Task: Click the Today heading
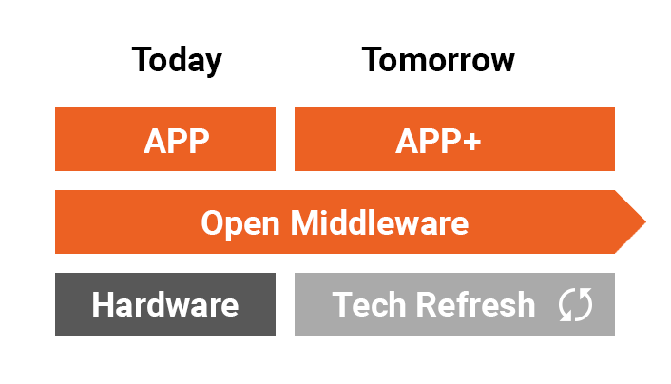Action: click(x=177, y=61)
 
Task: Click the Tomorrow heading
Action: click(x=438, y=60)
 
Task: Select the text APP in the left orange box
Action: click(x=177, y=141)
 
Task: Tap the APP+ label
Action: click(x=438, y=141)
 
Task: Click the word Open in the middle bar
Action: click(x=240, y=223)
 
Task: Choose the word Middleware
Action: click(x=379, y=222)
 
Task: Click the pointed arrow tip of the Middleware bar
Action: click(x=645, y=221)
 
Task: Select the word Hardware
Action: click(x=165, y=304)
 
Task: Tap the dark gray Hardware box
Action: click(x=165, y=304)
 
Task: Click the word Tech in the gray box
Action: click(x=369, y=304)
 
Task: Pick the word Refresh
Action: click(x=475, y=304)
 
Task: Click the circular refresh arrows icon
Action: click(x=576, y=304)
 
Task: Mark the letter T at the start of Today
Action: click(x=142, y=60)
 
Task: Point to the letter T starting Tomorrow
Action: click(x=373, y=60)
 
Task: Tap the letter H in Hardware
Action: click(x=103, y=304)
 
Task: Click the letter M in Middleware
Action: click(x=305, y=222)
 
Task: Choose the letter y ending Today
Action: click(x=213, y=65)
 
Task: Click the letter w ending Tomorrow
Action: click(x=500, y=63)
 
